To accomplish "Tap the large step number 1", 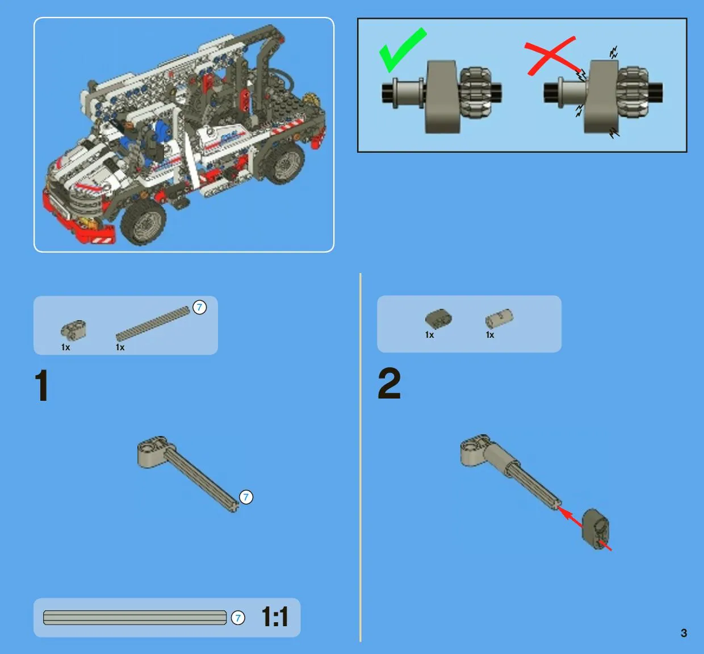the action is [x=41, y=385].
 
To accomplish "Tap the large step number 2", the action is [x=389, y=384].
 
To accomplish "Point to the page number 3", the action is [x=684, y=633].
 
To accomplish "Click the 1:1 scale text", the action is [x=275, y=617].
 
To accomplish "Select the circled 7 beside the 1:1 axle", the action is [x=238, y=618].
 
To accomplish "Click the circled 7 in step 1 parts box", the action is [x=200, y=307].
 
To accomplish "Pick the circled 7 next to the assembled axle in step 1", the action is [x=246, y=497].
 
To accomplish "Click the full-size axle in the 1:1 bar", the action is [x=135, y=618].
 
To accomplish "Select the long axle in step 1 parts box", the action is [x=153, y=324].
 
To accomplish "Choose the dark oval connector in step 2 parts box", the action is [x=438, y=318].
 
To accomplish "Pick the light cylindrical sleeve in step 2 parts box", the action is [x=499, y=318].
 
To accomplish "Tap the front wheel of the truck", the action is [x=143, y=222].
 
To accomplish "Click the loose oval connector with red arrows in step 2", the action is [x=596, y=530].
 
